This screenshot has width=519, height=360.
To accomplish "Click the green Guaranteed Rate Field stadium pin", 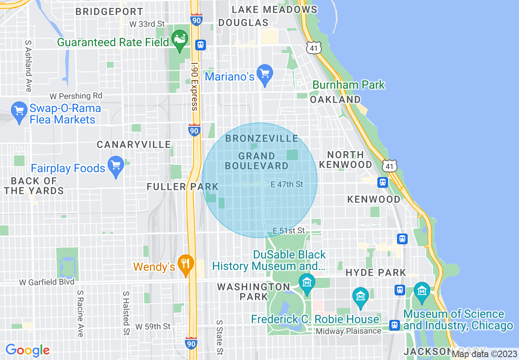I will tap(179, 40).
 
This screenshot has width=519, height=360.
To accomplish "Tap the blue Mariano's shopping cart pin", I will tap(265, 74).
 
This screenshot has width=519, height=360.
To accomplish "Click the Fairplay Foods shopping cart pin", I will tap(116, 166).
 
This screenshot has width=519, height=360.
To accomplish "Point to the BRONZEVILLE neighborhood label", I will tap(262, 138).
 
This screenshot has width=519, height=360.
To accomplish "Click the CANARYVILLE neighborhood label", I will tap(134, 144).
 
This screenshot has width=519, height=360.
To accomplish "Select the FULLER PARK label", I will tap(183, 187).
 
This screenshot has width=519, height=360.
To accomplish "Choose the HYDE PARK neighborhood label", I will tap(376, 273).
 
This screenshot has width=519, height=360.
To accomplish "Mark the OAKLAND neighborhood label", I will tap(335, 99).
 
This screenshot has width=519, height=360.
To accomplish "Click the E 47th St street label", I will tap(287, 184).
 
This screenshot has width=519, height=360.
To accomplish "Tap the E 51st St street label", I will tap(289, 231).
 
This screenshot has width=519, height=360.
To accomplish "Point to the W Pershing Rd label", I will tap(76, 96).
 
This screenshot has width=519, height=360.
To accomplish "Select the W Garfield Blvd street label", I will tap(47, 282).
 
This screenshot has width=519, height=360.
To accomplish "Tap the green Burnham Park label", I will tap(349, 85).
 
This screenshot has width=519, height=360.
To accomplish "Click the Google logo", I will tap(27, 350).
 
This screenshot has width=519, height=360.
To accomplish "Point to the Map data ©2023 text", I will tap(484, 354).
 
